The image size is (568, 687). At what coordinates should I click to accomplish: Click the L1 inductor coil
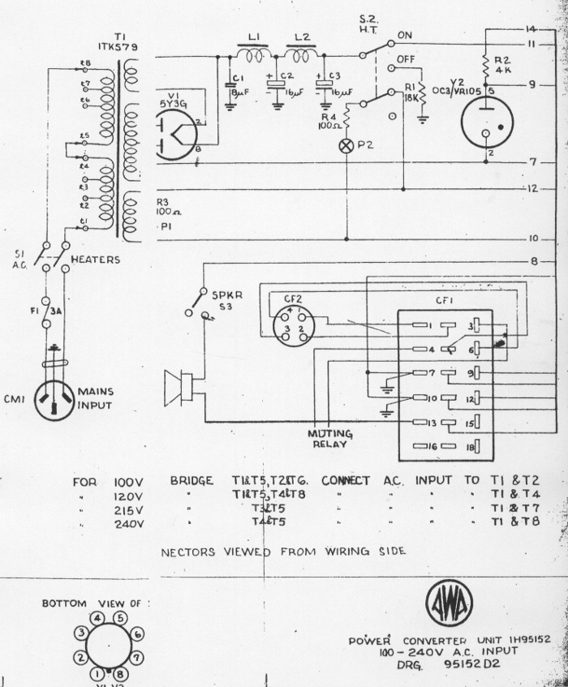tap(252, 54)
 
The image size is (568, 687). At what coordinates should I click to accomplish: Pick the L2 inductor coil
tap(300, 54)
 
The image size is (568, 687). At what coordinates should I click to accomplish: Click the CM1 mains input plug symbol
tap(58, 397)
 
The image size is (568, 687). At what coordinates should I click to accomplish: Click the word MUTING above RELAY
tap(330, 432)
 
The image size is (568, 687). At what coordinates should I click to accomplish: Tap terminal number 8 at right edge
tap(533, 261)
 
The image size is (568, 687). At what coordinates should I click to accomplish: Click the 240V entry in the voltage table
tap(129, 523)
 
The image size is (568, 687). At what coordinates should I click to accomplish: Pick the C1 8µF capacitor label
tap(238, 84)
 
